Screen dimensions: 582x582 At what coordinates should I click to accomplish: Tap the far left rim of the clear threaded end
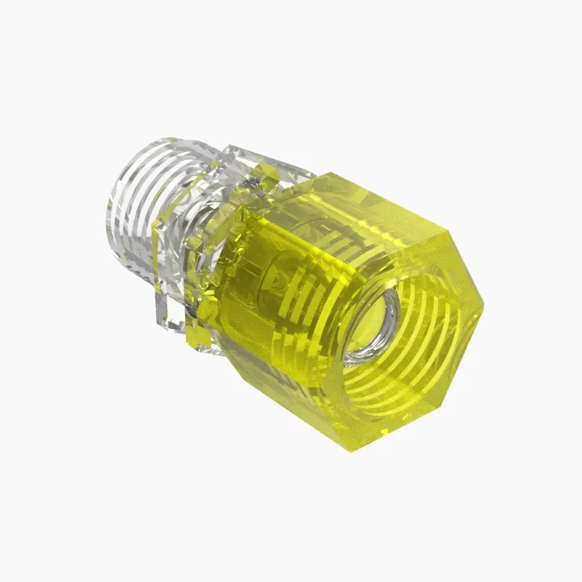coord(109,218)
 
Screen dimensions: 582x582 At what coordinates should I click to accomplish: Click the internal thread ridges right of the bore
coord(428,331)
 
